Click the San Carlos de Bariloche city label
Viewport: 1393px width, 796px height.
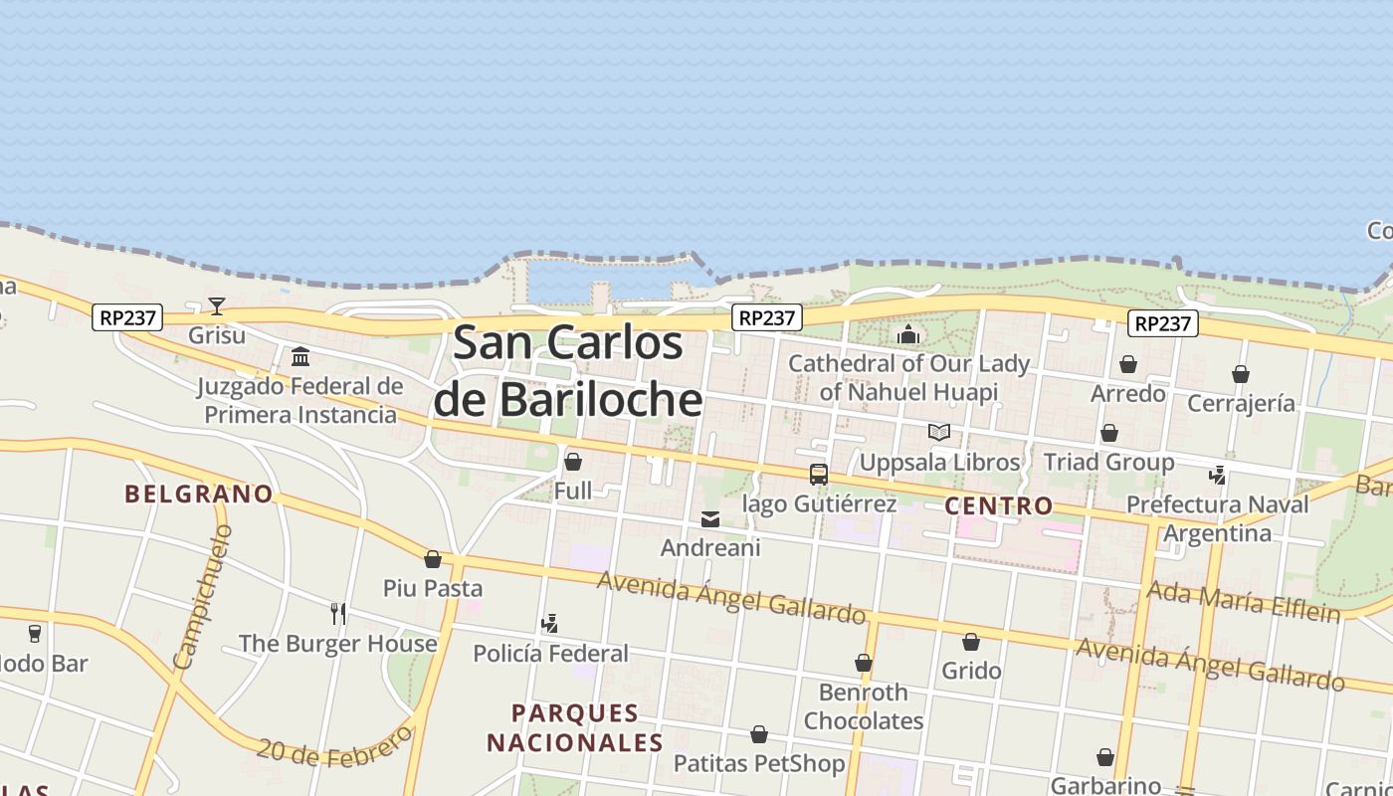pyautogui.click(x=568, y=371)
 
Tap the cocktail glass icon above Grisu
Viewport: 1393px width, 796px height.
pyautogui.click(x=217, y=305)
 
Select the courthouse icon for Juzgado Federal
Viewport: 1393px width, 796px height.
pyautogui.click(x=300, y=356)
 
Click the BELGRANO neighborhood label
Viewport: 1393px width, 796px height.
pyautogui.click(x=199, y=494)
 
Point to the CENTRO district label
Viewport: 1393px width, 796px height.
pyautogui.click(x=998, y=505)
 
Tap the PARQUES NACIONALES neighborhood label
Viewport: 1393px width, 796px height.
pyautogui.click(x=575, y=727)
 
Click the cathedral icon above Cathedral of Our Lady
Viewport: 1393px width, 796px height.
pyautogui.click(x=907, y=334)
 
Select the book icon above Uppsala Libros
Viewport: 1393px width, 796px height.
pyautogui.click(x=938, y=432)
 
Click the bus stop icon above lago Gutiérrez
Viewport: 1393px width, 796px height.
pyautogui.click(x=818, y=475)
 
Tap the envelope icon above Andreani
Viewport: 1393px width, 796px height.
pyautogui.click(x=710, y=518)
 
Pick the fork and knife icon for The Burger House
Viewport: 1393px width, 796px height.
pyautogui.click(x=338, y=613)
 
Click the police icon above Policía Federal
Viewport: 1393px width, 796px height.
pyautogui.click(x=549, y=624)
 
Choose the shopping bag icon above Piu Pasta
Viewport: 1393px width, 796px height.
pyautogui.click(x=433, y=559)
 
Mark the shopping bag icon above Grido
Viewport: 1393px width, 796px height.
pyautogui.click(x=971, y=642)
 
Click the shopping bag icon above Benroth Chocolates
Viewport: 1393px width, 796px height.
pyautogui.click(x=864, y=663)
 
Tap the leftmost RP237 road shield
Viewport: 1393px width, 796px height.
pyautogui.click(x=128, y=317)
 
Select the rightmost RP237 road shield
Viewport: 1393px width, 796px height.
pyautogui.click(x=1163, y=323)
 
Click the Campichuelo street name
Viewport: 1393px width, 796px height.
pyautogui.click(x=202, y=598)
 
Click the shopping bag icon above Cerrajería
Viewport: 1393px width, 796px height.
pyautogui.click(x=1240, y=374)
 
